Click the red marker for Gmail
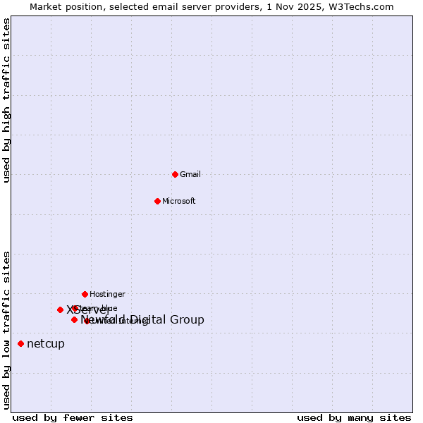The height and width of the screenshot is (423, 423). click(175, 174)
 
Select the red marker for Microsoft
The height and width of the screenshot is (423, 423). click(157, 201)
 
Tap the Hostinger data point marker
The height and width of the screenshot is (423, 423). click(85, 294)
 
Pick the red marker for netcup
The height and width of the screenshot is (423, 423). click(20, 343)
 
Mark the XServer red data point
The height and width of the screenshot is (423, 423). click(60, 309)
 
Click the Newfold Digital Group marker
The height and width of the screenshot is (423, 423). click(74, 319)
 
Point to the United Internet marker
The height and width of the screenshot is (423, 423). click(87, 321)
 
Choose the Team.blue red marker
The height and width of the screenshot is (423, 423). click(75, 308)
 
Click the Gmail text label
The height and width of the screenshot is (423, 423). click(190, 174)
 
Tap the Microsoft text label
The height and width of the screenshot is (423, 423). click(179, 201)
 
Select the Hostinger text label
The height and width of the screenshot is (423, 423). click(107, 294)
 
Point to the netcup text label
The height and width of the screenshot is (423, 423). click(46, 343)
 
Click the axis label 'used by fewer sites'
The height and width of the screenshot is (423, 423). click(73, 417)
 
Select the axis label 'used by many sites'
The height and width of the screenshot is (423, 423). click(354, 417)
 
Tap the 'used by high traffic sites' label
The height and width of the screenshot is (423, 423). click(7, 100)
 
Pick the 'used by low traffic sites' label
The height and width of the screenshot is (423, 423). click(7, 330)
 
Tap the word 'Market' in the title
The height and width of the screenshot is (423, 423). click(44, 7)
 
